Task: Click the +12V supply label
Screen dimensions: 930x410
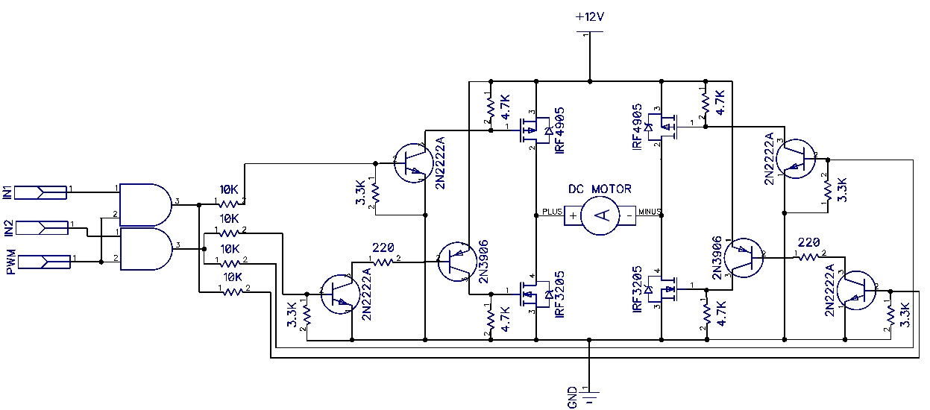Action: tap(590, 17)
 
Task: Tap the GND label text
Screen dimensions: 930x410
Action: tap(572, 397)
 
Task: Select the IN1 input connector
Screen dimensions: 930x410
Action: tap(41, 192)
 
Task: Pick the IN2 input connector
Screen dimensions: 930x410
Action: tap(42, 228)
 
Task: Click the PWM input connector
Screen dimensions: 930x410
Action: tap(44, 262)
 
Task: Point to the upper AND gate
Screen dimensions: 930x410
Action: tap(145, 204)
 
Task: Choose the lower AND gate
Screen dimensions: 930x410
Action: tap(146, 249)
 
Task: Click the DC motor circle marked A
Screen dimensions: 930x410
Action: tap(600, 215)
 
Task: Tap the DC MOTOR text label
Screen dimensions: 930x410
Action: tap(600, 189)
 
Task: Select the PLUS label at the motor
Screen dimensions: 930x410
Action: tap(552, 212)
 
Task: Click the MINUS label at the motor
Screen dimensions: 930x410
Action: tap(650, 212)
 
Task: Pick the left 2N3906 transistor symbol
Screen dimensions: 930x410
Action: tap(457, 262)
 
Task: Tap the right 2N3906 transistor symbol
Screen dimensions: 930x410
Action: tap(744, 258)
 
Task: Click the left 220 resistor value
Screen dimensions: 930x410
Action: tap(383, 247)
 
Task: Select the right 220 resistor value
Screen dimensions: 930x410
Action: tap(808, 242)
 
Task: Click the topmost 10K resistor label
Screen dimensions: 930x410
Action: tap(229, 189)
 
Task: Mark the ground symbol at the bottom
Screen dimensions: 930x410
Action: tap(590, 397)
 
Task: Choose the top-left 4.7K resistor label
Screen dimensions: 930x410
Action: tap(506, 107)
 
